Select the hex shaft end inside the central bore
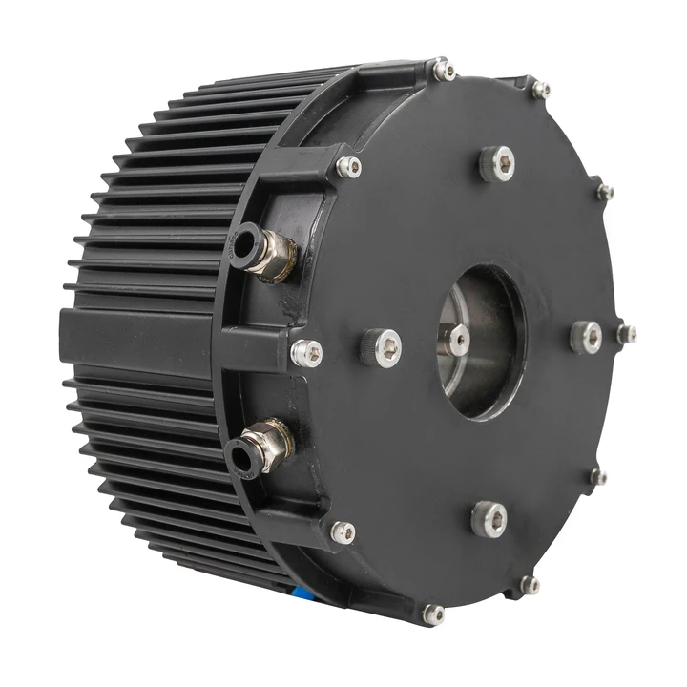pos(456,339)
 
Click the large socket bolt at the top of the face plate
pos(497,163)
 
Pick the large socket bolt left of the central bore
pos(382,347)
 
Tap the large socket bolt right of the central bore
pos(587,337)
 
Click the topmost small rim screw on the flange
pos(444,70)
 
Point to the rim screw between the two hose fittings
pos(306,353)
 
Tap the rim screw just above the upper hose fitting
pos(349,167)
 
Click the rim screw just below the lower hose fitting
pos(342,531)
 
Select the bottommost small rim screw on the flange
pos(434,614)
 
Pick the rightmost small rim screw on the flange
pos(626,334)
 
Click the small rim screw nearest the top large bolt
pos(541,90)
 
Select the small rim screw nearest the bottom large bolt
pos(529,584)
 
